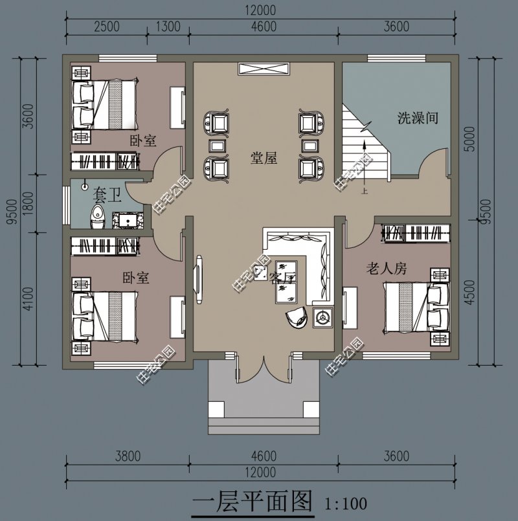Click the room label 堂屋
tap(264, 158)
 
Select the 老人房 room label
tap(386, 269)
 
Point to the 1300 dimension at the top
tap(168, 27)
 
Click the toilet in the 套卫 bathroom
tap(96, 217)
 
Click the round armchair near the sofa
tap(296, 317)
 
